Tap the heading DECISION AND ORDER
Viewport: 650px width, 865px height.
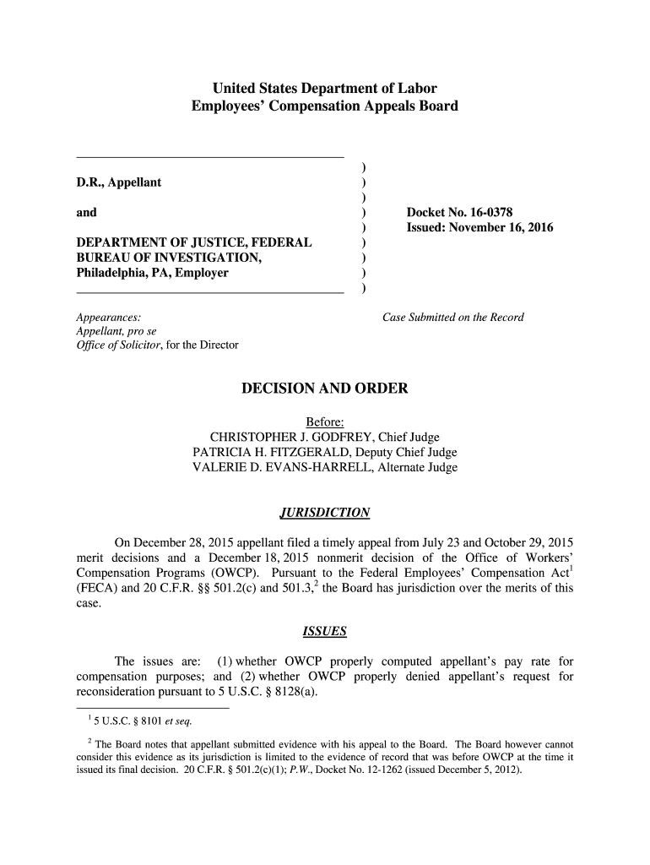coord(325,389)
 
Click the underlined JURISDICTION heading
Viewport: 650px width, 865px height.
coord(324,513)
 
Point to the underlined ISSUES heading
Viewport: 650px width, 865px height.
coord(324,632)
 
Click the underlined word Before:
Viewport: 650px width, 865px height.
coord(324,422)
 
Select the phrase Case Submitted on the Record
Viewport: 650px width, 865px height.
coord(453,318)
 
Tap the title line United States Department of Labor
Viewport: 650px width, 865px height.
coord(324,89)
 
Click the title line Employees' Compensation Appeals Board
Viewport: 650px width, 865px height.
coord(324,106)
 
